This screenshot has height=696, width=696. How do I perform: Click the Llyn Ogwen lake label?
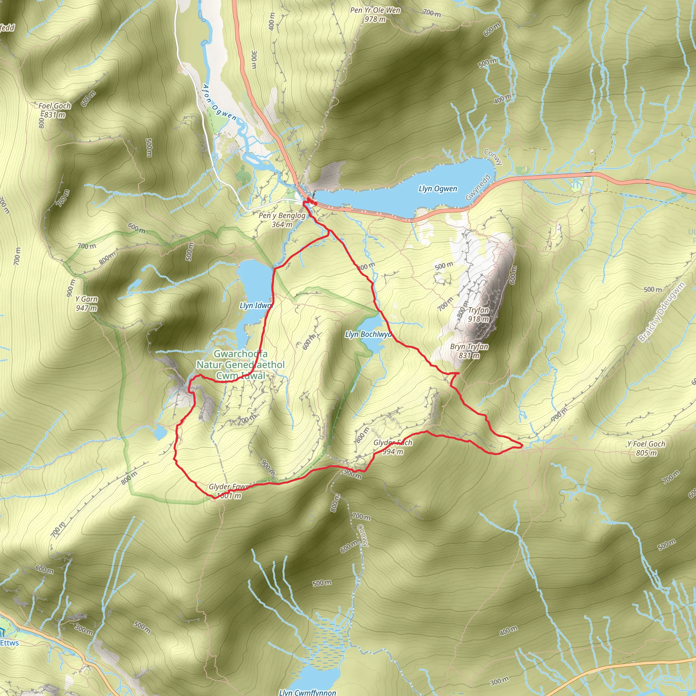[x=438, y=189]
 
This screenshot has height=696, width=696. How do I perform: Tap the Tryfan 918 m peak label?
[x=478, y=314]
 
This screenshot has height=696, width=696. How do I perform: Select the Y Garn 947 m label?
[x=86, y=303]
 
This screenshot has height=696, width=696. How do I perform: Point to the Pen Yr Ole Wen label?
[x=375, y=14]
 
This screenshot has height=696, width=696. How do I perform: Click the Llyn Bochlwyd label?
[x=368, y=334]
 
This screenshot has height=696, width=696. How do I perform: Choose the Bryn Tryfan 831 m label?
[x=469, y=351]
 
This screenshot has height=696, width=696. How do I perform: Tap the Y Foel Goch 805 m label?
[x=646, y=448]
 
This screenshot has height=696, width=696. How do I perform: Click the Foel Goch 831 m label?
[x=54, y=110]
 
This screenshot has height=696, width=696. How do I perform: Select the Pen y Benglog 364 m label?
[x=282, y=220]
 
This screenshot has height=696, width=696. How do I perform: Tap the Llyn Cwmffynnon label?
[x=307, y=692]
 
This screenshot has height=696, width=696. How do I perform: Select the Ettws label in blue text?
[x=10, y=643]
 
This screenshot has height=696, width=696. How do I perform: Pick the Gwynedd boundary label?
[x=478, y=187]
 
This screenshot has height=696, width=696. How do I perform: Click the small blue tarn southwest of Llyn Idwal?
[x=160, y=432]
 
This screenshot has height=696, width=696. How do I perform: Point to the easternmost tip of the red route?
[x=522, y=447]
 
